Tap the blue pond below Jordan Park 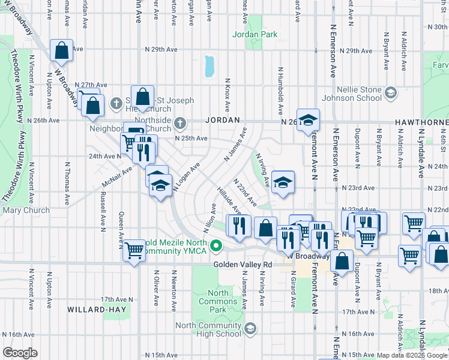209,66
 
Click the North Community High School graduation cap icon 250,328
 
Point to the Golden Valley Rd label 243,264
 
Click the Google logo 20,353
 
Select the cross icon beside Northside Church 179,124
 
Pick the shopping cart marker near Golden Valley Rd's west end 134,251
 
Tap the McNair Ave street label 116,177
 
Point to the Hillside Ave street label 229,202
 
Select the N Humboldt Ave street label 280,91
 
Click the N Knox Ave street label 228,95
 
